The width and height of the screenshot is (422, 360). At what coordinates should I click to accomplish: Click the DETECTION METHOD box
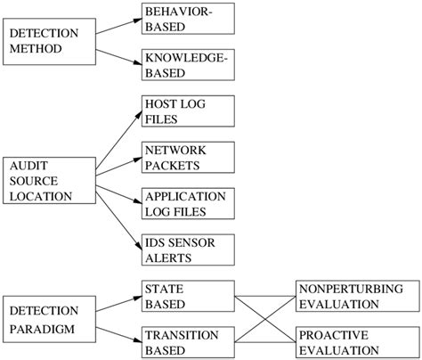coord(49,42)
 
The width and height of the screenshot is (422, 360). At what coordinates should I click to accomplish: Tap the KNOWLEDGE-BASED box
coord(188,64)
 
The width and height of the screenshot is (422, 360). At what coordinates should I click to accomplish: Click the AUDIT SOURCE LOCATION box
coord(49,182)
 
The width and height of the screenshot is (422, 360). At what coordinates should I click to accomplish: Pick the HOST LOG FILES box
coord(188,110)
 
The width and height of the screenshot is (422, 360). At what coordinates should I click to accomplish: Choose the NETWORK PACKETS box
coord(188,157)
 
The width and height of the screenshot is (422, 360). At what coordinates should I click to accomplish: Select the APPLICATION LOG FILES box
coord(188,203)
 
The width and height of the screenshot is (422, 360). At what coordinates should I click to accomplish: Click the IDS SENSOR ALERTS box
coord(188,250)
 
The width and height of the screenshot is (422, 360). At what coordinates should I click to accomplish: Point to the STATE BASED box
coord(188,297)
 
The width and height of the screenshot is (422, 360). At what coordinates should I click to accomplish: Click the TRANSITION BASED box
coord(188,343)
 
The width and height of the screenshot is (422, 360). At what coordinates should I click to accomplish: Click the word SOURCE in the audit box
coord(33,182)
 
